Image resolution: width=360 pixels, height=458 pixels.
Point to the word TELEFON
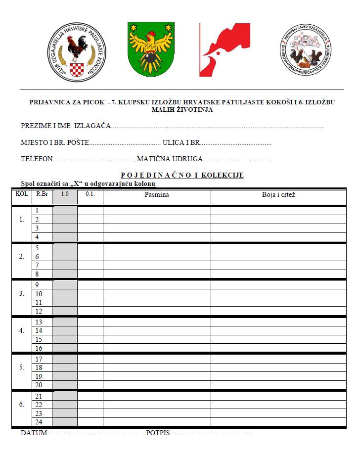[37, 159]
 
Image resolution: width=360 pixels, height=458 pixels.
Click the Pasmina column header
[157, 195]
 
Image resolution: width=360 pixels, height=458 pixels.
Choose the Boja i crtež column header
[278, 195]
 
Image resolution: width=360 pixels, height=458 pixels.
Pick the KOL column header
[21, 194]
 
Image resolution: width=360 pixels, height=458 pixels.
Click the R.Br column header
[42, 194]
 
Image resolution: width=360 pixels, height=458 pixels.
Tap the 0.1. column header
[90, 194]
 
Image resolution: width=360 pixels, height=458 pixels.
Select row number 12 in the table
[39, 311]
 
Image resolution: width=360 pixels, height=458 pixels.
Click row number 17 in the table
[39, 359]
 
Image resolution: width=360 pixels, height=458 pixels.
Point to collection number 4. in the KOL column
[21, 330]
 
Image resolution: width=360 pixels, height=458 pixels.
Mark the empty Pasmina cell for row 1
[157, 211]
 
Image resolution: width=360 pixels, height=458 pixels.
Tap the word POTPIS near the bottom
[158, 433]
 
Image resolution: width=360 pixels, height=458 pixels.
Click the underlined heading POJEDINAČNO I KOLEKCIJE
[182, 175]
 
